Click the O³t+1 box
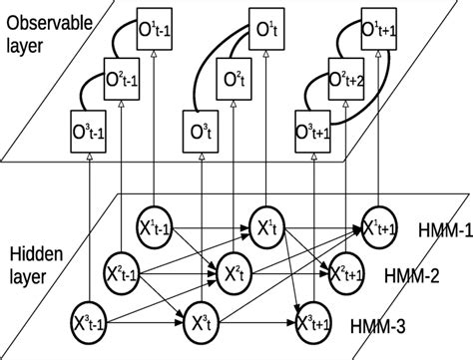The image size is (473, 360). pyautogui.click(x=315, y=130)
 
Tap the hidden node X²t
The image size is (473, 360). pyautogui.click(x=234, y=273)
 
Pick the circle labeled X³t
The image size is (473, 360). pyautogui.click(x=197, y=321)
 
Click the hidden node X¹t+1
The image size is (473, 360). pyautogui.click(x=378, y=227)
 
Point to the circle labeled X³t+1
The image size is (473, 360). pyautogui.click(x=315, y=321)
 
